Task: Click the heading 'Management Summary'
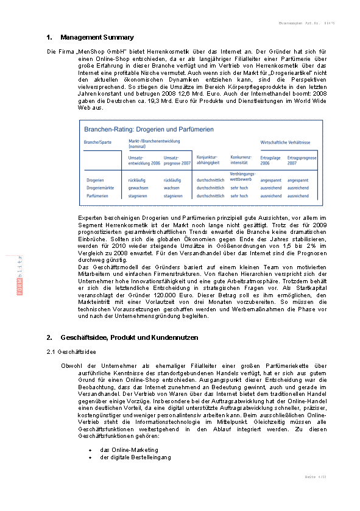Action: [97, 38]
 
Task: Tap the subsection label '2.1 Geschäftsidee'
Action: [71, 352]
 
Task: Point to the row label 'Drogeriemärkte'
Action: [100, 188]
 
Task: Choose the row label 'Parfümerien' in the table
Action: [97, 196]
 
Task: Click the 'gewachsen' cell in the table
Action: [138, 188]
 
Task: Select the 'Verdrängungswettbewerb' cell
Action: [241, 177]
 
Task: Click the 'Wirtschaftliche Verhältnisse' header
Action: [285, 142]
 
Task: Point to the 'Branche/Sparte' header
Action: [98, 142]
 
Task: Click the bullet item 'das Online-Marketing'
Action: [129, 449]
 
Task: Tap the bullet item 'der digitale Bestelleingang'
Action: [135, 457]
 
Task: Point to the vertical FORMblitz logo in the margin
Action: [19, 275]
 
